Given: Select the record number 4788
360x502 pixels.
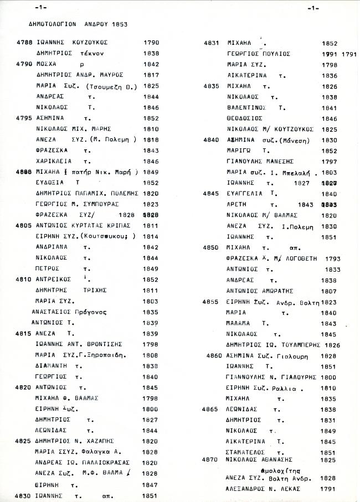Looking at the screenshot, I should pyautogui.click(x=25, y=42).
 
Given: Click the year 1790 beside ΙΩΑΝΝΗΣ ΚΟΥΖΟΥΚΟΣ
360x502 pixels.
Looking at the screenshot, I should pyautogui.click(x=151, y=42).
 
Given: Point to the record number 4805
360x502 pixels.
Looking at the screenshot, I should pyautogui.click(x=25, y=226).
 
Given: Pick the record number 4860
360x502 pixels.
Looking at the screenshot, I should pyautogui.click(x=215, y=355).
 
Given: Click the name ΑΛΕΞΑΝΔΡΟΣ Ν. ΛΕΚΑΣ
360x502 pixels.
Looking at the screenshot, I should pyautogui.click(x=265, y=489).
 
